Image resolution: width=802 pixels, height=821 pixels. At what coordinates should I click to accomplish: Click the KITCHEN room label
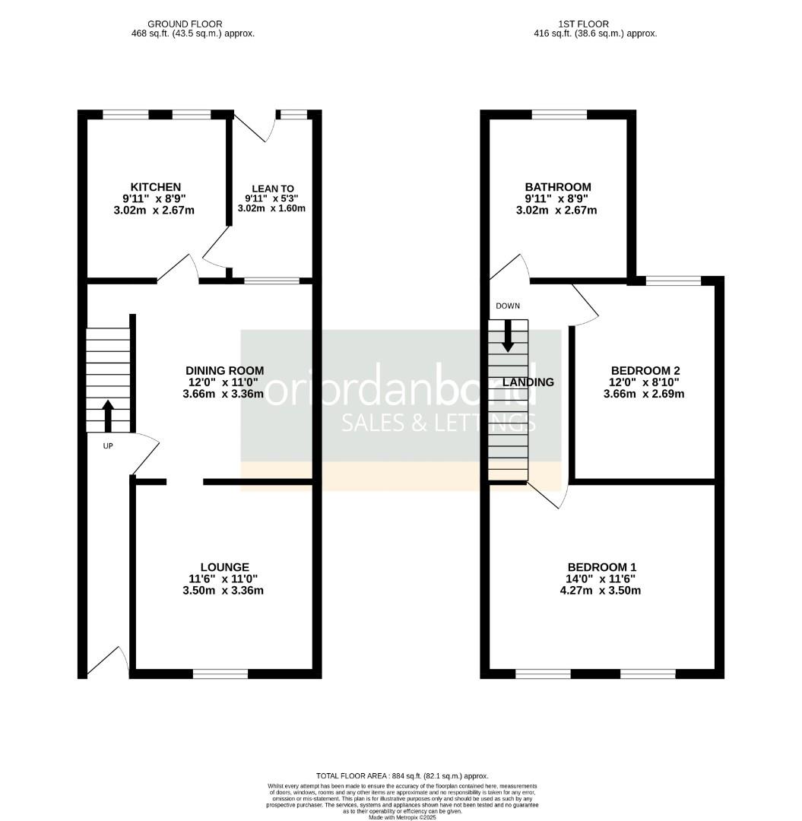[156, 187]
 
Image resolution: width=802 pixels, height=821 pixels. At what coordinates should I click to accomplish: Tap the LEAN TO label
[273, 189]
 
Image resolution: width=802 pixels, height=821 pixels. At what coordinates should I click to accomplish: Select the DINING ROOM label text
[226, 370]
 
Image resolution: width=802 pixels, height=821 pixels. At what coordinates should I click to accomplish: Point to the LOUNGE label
[224, 567]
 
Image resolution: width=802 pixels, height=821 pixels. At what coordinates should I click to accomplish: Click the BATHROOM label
[557, 187]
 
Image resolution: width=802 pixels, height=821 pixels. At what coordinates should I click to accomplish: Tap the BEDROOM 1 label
[601, 567]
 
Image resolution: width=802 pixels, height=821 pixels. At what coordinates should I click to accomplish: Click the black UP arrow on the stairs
[107, 415]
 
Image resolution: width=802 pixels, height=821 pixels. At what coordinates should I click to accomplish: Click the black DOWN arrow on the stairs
[508, 335]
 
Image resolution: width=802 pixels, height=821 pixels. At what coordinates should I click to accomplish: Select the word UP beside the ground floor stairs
[108, 446]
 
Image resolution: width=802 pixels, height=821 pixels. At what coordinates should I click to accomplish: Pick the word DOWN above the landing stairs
[508, 306]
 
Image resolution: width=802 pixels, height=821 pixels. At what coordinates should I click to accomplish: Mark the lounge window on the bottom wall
[220, 674]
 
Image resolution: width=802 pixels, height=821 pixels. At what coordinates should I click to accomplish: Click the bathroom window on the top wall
[559, 115]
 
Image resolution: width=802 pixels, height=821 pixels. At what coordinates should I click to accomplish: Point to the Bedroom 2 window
[673, 281]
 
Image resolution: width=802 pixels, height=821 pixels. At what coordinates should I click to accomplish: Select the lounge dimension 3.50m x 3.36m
[224, 590]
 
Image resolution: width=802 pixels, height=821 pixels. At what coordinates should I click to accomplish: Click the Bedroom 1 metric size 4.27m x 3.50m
[601, 590]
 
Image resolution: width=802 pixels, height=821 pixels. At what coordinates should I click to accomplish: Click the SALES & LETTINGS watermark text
[439, 423]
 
